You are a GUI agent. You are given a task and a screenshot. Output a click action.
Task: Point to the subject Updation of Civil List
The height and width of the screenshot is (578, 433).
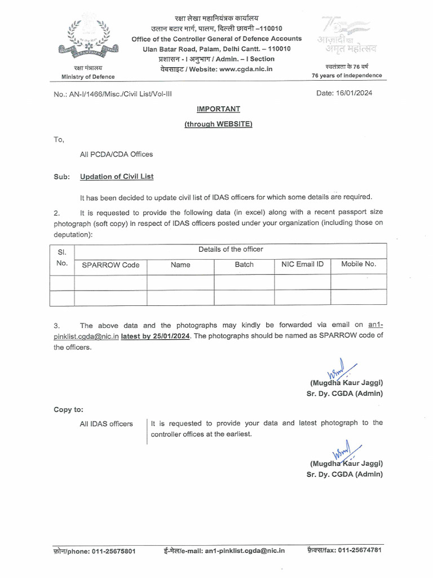(117, 177)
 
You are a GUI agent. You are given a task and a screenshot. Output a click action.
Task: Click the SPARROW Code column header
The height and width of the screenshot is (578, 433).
(111, 265)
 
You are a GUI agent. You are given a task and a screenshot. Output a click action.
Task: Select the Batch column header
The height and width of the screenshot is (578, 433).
(244, 264)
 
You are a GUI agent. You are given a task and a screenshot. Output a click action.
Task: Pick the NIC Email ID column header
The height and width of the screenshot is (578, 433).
(302, 264)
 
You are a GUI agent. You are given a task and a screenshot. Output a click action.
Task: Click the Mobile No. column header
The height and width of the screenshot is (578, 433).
(359, 264)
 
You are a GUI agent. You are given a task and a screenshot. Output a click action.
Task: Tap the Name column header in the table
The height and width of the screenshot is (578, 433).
(180, 265)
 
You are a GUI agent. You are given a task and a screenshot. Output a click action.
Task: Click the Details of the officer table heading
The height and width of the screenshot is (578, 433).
(231, 249)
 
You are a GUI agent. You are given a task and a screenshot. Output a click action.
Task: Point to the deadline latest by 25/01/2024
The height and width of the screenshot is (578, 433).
(156, 336)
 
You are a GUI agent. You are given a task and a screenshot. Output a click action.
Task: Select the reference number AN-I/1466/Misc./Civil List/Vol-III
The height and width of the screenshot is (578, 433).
(111, 94)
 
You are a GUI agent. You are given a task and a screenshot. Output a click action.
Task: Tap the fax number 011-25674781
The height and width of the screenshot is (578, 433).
(360, 550)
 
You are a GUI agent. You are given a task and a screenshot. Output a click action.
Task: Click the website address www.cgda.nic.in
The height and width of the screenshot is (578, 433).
(246, 69)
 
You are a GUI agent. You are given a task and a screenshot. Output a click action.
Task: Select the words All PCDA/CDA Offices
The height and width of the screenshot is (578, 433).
(116, 154)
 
